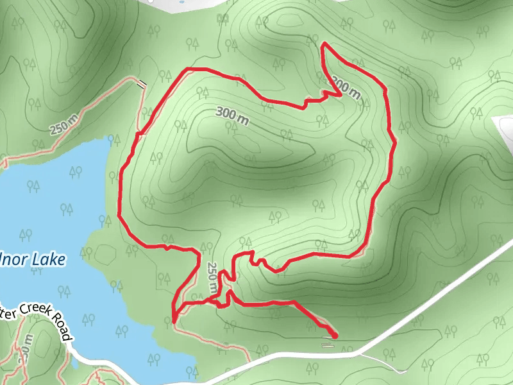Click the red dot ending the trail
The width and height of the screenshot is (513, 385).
pos(335,336)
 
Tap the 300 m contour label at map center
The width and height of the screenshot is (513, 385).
pos(233,116)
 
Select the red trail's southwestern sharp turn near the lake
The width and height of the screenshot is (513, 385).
pos(174,320)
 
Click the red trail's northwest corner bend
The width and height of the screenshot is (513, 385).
pos(187,69)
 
